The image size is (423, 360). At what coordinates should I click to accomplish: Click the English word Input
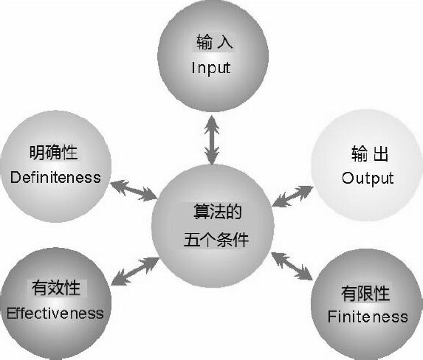point(211,68)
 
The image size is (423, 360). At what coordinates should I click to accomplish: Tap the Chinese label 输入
point(215,42)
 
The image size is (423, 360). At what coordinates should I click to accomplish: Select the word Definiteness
point(55,178)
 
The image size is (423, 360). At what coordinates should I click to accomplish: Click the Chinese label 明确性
point(53,153)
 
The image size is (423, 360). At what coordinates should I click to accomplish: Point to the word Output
point(368,179)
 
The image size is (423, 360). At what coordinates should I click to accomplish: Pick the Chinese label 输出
point(370,153)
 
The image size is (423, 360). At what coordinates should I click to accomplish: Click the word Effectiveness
point(55,314)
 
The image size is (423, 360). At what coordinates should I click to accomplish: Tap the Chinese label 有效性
point(56,288)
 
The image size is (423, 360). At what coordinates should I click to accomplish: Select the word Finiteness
point(368,316)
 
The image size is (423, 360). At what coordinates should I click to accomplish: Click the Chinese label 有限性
point(365,293)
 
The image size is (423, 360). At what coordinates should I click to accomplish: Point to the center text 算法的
point(218,212)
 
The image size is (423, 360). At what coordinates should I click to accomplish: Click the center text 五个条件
point(216,240)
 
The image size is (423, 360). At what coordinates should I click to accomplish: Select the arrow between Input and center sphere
point(212,140)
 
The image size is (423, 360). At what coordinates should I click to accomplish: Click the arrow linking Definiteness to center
point(134,190)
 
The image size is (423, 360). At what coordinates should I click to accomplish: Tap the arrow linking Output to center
point(292,196)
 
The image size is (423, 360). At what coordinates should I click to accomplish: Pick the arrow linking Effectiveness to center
point(135,271)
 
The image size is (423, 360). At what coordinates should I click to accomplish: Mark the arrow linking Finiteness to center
point(292,266)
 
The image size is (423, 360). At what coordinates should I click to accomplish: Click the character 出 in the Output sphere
point(381,153)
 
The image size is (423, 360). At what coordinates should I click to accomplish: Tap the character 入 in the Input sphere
point(225,42)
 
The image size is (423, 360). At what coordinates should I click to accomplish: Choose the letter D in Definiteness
point(15,178)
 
